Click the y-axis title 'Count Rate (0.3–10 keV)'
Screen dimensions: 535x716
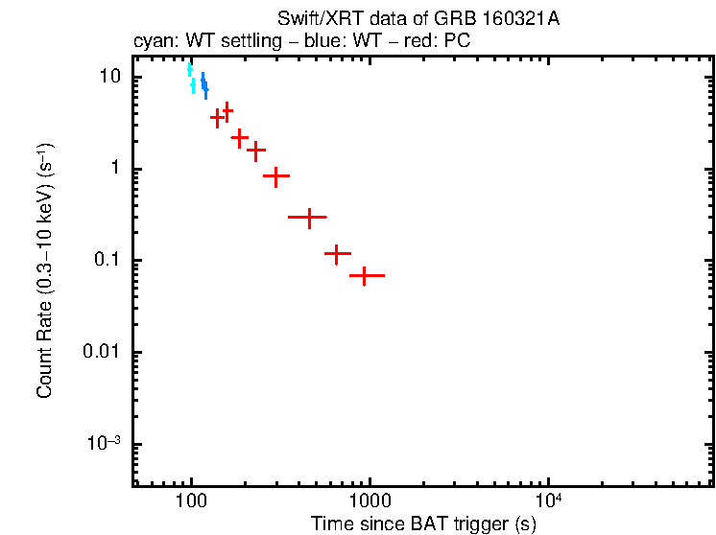[x=44, y=270]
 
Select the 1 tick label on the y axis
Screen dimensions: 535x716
[x=112, y=169]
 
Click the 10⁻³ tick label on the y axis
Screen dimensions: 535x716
[x=102, y=443]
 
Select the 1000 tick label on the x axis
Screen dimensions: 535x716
[x=369, y=501]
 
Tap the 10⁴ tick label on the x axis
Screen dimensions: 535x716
[x=547, y=500]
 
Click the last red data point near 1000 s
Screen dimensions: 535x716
[x=366, y=275]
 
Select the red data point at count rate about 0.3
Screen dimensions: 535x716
[x=308, y=218]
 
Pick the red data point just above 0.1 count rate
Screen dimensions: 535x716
[x=337, y=254]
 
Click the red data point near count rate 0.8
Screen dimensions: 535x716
[x=276, y=176]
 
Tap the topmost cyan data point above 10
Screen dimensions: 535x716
[x=190, y=69]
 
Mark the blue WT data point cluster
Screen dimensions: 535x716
[x=203, y=85]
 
